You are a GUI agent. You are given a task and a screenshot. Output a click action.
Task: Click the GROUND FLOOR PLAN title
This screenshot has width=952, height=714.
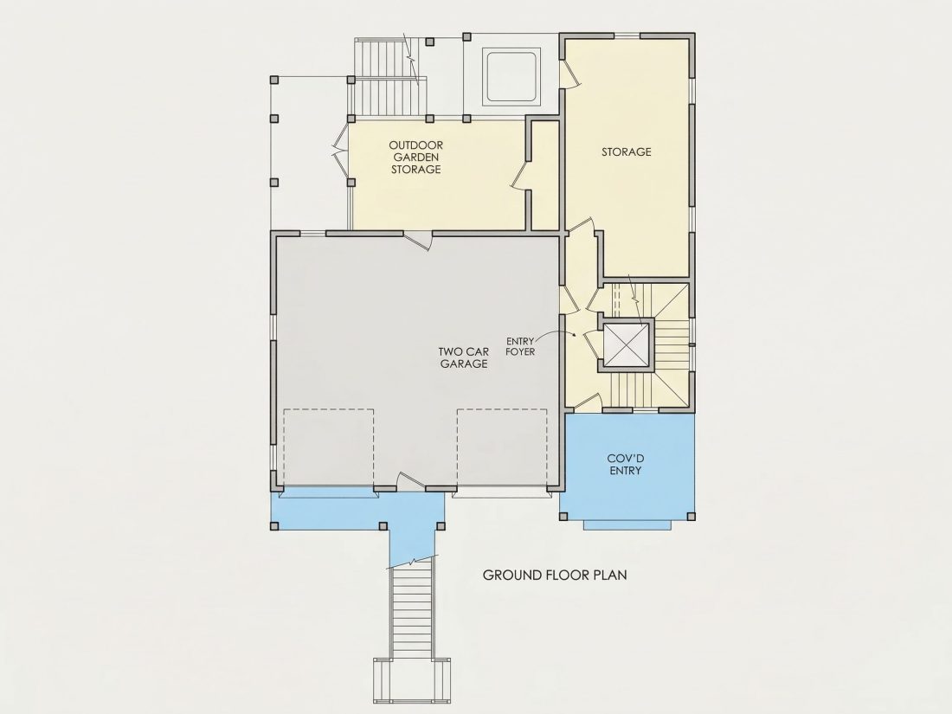554,575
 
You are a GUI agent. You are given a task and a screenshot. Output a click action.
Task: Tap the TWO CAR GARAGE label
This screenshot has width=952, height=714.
464,357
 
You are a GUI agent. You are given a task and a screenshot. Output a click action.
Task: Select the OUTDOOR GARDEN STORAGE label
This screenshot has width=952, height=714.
416,158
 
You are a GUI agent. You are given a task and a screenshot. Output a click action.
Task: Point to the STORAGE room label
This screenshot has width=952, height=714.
626,151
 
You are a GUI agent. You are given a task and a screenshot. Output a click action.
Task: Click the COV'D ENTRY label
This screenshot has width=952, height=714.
626,465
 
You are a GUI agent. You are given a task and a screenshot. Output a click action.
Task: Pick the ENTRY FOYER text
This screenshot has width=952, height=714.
520,347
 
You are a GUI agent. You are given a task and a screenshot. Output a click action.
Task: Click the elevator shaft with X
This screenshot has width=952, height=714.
626,346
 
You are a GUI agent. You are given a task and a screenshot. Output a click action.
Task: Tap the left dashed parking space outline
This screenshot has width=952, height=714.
329,447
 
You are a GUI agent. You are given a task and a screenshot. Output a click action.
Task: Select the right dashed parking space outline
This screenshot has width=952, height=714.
502,447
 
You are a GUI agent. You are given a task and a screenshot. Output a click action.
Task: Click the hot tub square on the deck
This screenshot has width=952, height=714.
510,77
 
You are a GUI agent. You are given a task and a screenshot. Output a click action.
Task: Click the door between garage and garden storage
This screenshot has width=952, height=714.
418,239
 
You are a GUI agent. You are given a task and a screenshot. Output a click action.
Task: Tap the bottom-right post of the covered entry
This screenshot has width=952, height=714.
691,516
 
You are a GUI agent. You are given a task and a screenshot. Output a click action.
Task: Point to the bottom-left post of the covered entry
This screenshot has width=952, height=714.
563,516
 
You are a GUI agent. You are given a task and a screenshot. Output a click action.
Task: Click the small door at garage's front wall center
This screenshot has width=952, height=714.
411,482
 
